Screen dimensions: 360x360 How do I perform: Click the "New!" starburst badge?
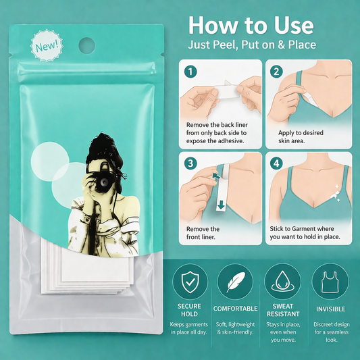(x=47, y=45)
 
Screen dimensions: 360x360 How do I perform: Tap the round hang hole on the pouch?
(x=86, y=45)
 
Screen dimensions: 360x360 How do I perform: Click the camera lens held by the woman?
(x=103, y=182)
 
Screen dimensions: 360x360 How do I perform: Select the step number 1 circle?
(x=190, y=72)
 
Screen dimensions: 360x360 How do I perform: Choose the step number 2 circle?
(x=276, y=72)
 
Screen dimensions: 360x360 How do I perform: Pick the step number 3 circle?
(x=190, y=163)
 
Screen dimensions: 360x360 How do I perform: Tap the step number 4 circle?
(x=276, y=163)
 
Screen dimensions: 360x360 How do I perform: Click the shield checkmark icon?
(x=190, y=282)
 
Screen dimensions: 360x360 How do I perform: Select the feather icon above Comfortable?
(x=235, y=282)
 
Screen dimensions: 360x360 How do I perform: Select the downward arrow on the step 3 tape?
(x=221, y=205)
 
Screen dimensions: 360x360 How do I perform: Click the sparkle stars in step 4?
(x=336, y=194)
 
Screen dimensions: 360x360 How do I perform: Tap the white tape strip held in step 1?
(x=226, y=91)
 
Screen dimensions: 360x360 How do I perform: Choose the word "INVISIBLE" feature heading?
(x=330, y=309)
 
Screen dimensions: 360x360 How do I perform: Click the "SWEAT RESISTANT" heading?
(x=283, y=310)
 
